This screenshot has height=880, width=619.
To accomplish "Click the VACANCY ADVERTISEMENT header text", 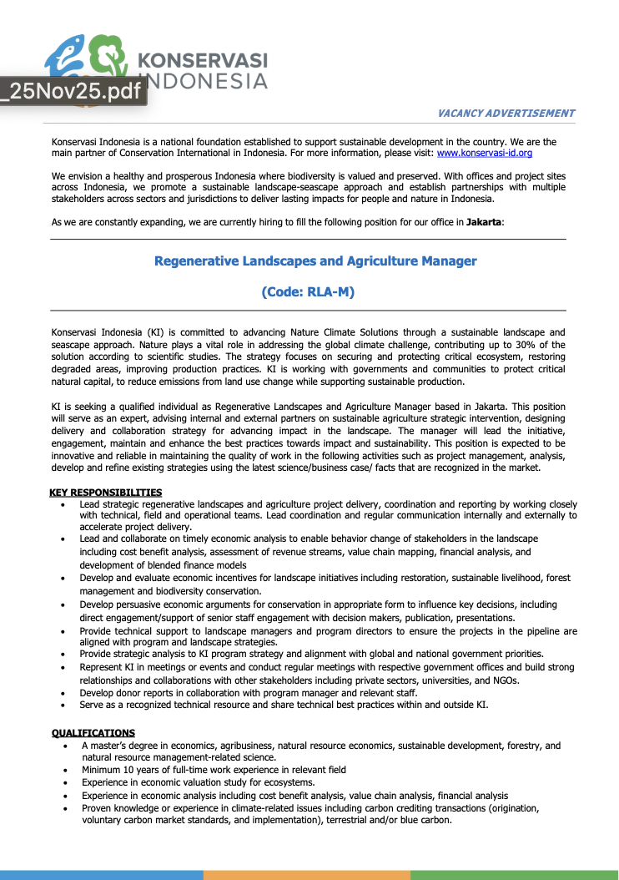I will (x=506, y=113).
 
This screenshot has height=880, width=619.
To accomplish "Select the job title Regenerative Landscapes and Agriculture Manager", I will (x=315, y=261).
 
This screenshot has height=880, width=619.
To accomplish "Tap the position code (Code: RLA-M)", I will (x=309, y=292).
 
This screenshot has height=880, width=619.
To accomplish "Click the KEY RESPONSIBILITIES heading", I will (x=106, y=493).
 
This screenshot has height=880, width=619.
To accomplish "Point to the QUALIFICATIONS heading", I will (x=93, y=733).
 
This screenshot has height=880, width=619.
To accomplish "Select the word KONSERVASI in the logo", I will (x=202, y=60).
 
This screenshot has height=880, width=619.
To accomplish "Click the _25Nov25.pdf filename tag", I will (x=73, y=91).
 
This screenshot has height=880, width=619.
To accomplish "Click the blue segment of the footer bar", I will (x=101, y=875).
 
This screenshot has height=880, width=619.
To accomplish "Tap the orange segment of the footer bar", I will (x=306, y=875).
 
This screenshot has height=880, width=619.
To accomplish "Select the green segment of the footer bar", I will (x=514, y=875).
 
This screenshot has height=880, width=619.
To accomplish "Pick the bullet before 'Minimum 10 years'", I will (x=67, y=770).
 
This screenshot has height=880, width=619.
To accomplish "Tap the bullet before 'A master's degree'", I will (x=67, y=746).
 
